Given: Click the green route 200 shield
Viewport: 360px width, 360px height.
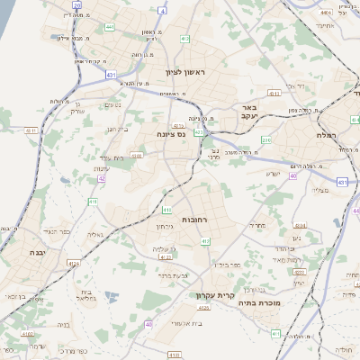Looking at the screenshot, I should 266,139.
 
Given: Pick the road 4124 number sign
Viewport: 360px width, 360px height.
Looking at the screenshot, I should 73,264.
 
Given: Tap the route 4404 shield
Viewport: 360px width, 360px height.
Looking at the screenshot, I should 325,13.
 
